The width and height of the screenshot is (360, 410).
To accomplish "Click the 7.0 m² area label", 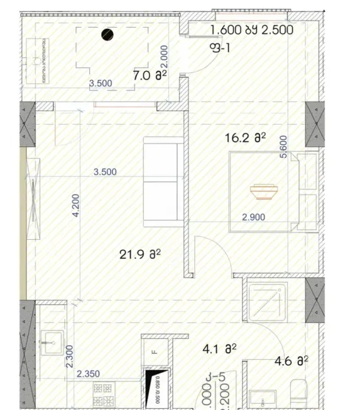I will [x=150, y=76].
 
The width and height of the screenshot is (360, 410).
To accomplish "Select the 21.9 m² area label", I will [x=140, y=255].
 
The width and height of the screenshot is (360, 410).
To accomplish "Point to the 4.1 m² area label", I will [x=219, y=349].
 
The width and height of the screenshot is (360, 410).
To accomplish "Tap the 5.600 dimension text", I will [x=282, y=147].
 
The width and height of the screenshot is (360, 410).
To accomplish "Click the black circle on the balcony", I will [x=108, y=35].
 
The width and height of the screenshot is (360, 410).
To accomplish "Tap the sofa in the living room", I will [x=163, y=182].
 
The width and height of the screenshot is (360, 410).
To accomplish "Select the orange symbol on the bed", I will [x=263, y=192].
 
